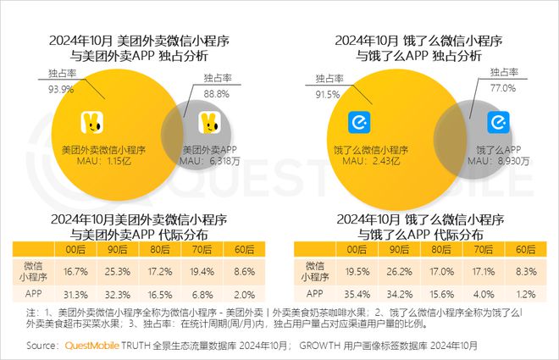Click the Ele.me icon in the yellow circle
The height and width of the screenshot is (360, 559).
(360, 124)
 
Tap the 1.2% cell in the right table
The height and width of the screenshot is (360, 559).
(525, 295)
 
